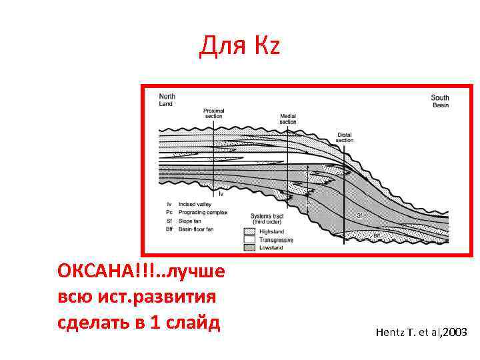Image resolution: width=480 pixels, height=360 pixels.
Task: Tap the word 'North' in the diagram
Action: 167,97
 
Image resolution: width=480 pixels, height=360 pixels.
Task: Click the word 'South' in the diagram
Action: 440,98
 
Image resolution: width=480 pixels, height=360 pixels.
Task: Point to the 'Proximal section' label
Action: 213,113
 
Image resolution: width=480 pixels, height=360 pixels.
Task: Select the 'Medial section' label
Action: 288,119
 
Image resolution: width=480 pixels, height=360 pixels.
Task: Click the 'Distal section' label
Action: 345,137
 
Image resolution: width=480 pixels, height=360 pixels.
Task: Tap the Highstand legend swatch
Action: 250,231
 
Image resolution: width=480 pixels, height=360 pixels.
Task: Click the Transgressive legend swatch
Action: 250,239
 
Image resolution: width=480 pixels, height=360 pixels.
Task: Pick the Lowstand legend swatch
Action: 250,247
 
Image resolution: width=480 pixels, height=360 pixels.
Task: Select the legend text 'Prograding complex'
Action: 203,213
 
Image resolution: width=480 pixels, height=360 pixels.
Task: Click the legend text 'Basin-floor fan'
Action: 195,229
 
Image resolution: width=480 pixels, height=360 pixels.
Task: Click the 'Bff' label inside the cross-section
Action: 377,235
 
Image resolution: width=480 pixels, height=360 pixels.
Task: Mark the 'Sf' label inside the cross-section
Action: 360,215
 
